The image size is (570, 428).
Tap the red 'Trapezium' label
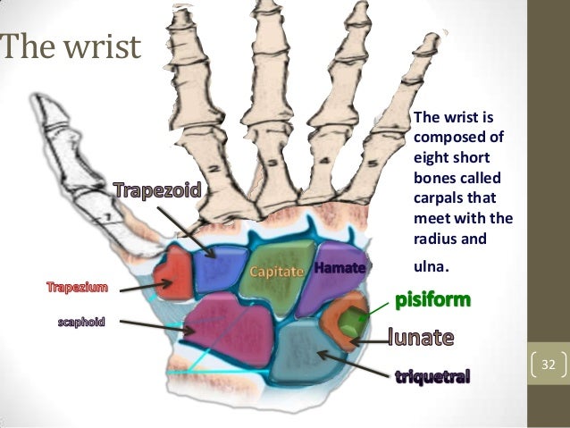[77, 288]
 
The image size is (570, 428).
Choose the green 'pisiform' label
[432, 298]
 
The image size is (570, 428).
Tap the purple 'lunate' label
[422, 338]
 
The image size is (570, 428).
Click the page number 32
[549, 365]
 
